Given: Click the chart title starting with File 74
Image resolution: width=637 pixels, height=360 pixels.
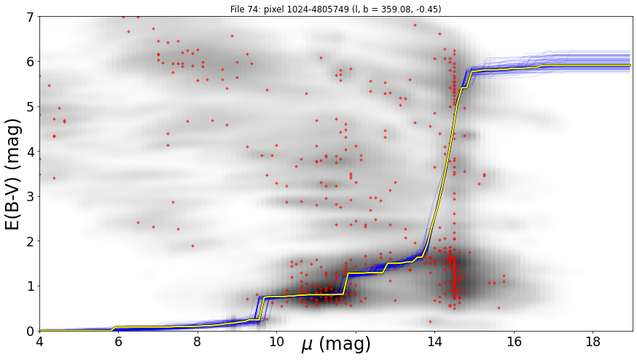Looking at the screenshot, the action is pyautogui.click(x=335, y=9).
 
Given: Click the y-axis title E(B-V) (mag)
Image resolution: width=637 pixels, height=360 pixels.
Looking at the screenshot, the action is pyautogui.click(x=13, y=174).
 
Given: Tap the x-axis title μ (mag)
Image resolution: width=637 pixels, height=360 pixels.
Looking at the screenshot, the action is pyautogui.click(x=336, y=345).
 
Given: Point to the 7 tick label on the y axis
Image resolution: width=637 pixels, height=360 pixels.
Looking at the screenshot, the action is pyautogui.click(x=31, y=17).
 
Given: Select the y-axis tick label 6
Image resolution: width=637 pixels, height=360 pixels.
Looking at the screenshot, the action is pyautogui.click(x=31, y=62).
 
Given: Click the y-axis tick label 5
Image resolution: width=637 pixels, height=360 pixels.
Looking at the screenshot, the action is pyautogui.click(x=31, y=107).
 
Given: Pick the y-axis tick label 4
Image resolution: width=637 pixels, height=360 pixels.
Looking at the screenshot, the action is pyautogui.click(x=31, y=152).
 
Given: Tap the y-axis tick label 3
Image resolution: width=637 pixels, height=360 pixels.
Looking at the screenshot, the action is pyautogui.click(x=31, y=197).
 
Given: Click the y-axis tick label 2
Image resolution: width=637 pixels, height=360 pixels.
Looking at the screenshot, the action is pyautogui.click(x=31, y=241).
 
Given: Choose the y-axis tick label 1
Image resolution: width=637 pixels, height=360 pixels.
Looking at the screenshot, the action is pyautogui.click(x=31, y=286).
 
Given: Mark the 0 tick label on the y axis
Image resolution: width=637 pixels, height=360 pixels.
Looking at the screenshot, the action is pyautogui.click(x=31, y=331).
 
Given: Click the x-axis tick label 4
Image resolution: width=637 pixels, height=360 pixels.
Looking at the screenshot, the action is pyautogui.click(x=39, y=342).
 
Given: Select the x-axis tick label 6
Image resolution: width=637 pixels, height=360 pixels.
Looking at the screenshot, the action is pyautogui.click(x=119, y=342).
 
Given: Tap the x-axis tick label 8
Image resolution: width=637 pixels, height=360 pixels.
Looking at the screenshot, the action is pyautogui.click(x=198, y=342).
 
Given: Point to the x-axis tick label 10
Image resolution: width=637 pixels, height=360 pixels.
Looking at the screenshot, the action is pyautogui.click(x=277, y=342).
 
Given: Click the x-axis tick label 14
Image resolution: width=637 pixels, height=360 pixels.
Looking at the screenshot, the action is pyautogui.click(x=434, y=342).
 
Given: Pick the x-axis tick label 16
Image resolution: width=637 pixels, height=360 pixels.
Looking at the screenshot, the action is pyautogui.click(x=514, y=342).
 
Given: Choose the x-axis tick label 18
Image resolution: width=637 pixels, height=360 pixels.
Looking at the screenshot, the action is pyautogui.click(x=593, y=342).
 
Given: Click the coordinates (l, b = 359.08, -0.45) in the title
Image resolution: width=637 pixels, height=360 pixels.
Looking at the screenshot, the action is pyautogui.click(x=396, y=9).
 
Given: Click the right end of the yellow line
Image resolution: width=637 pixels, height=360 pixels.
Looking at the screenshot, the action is pyautogui.click(x=630, y=65).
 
